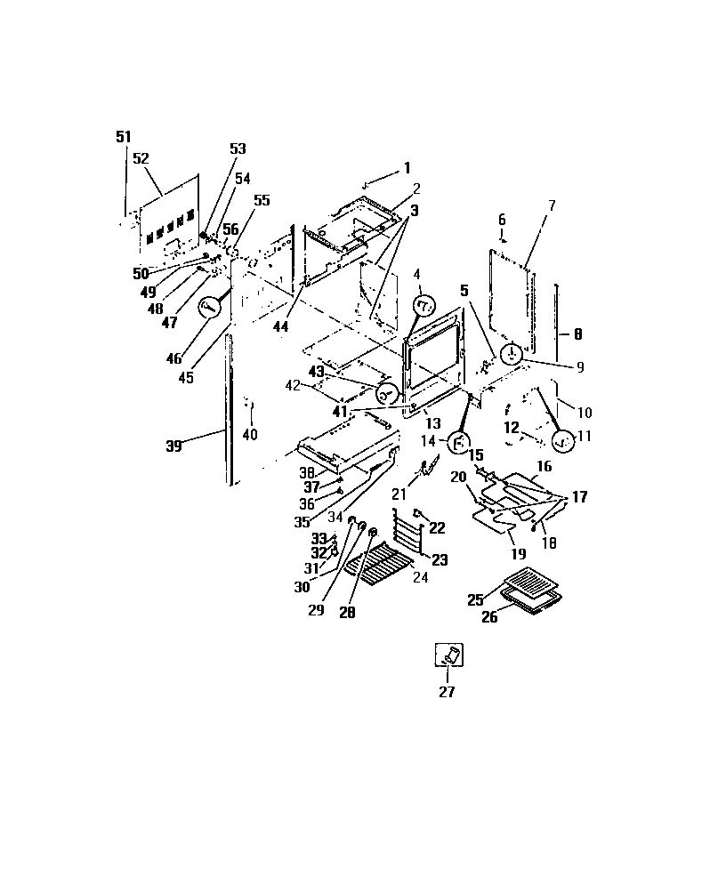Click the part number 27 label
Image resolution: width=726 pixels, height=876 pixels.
point(447,693)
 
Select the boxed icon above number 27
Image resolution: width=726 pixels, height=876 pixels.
point(448,655)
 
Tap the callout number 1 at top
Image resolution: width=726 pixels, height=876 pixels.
point(407,167)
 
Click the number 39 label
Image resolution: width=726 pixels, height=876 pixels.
point(173,446)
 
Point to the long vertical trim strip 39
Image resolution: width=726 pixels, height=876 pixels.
point(230,409)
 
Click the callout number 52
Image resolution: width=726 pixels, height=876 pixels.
point(141,157)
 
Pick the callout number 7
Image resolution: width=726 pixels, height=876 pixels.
point(551,205)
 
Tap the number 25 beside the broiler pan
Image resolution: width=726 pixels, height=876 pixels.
point(475,600)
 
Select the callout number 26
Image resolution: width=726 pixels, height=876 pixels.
point(489,616)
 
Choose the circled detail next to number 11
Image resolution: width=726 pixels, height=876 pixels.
point(562,438)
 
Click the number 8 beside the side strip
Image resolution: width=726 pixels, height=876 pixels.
point(577,335)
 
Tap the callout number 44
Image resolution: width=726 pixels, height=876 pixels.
point(280,327)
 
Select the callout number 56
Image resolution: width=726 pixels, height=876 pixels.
point(230,229)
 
